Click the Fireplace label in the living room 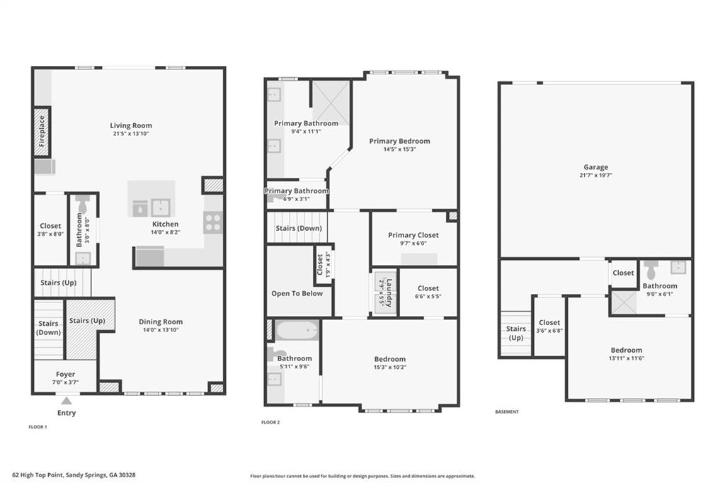tap(42, 131)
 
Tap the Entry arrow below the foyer tap(66, 401)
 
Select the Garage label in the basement tap(595, 167)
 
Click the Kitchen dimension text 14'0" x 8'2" tap(165, 232)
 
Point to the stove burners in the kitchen tap(213, 223)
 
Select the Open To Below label tap(297, 293)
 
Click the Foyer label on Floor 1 tap(66, 374)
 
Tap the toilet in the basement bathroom tap(651, 269)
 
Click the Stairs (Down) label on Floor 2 tap(299, 228)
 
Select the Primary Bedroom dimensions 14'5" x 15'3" tap(399, 149)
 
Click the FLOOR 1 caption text tap(38, 427)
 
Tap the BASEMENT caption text tap(507, 411)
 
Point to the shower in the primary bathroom tap(331, 102)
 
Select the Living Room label tap(131, 125)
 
